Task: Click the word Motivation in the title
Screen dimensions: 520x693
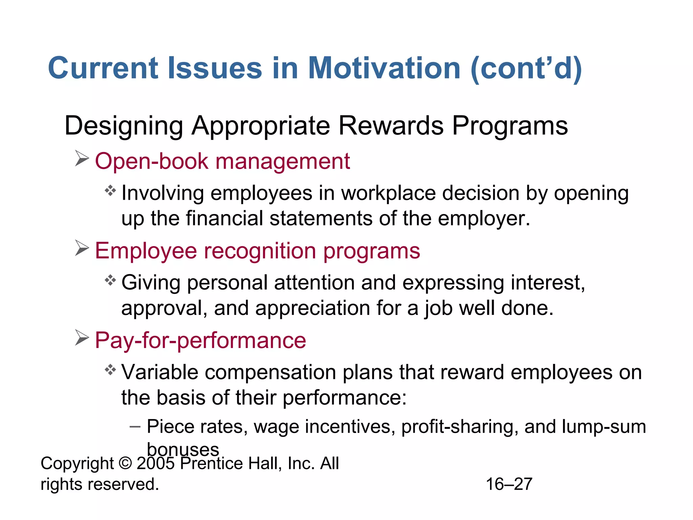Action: [384, 68]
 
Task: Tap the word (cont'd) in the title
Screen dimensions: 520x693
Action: [526, 69]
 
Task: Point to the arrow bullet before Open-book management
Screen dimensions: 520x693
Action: [82, 158]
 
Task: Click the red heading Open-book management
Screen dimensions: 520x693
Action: [222, 161]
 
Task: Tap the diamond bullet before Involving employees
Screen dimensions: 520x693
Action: [110, 191]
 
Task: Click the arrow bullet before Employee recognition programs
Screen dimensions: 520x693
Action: [82, 248]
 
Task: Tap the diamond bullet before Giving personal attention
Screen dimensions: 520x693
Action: [110, 280]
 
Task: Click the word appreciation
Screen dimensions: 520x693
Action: [308, 308]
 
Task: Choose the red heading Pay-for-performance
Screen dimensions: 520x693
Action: [200, 340]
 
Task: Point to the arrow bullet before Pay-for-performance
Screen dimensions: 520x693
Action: [82, 338]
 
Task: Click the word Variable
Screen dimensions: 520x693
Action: [160, 372]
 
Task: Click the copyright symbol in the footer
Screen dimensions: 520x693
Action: [125, 463]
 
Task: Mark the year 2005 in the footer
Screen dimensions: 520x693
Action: [155, 463]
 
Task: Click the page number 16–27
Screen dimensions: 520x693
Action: [509, 484]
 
